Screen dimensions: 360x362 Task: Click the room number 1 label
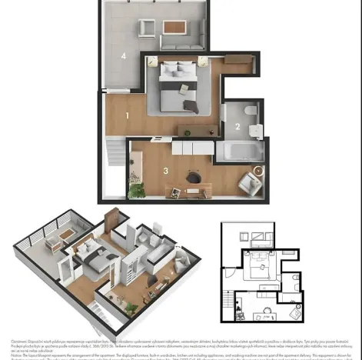coord(127,115)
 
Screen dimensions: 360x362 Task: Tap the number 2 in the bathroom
coord(237,127)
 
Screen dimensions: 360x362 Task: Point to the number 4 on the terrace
coord(123,56)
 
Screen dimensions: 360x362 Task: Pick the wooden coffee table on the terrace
coord(174,27)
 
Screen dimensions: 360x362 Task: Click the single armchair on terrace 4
coord(145,28)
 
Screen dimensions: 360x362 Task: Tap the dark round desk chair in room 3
coord(193,178)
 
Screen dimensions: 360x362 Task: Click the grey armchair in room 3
coord(248,182)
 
